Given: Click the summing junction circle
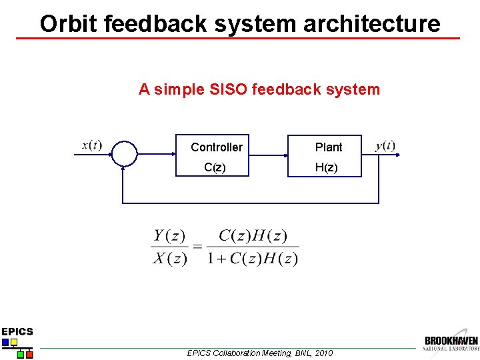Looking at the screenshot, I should [x=125, y=154].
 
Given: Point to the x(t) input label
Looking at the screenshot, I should [x=91, y=145].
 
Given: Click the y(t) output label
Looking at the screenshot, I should [x=385, y=146].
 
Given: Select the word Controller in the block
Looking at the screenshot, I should [x=217, y=147].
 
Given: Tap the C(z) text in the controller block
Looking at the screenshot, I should [x=215, y=168].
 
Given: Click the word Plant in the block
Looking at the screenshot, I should [x=329, y=147].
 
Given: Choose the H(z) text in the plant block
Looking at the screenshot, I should [x=327, y=168].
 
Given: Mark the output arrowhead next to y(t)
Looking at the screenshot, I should [x=397, y=154].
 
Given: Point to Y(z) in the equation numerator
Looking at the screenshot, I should [x=169, y=235].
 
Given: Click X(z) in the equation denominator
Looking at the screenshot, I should [x=169, y=258].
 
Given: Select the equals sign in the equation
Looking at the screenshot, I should [x=198, y=247].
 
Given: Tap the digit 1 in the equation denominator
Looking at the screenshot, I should [x=211, y=258].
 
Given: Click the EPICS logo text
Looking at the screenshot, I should [x=17, y=331].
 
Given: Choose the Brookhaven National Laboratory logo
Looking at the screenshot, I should [x=451, y=342].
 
